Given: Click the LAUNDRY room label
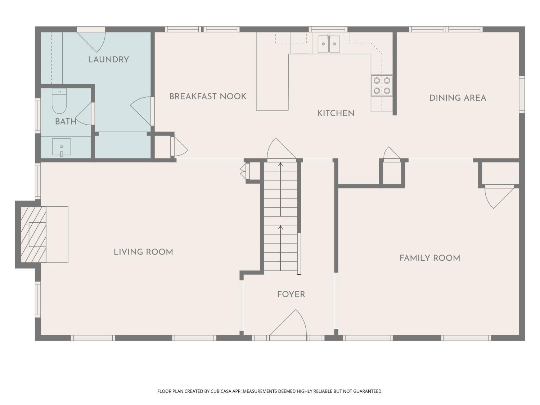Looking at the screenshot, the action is click(108, 59).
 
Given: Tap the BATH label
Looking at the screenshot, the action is click(66, 121).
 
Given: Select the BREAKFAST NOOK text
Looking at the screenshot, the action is click(208, 96).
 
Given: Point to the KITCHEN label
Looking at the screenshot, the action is click(336, 113).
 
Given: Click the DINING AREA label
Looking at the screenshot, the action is click(458, 98).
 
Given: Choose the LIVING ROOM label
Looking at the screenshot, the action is click(143, 252).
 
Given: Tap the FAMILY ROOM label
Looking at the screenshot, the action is click(430, 258).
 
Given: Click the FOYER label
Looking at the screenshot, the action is click(291, 294).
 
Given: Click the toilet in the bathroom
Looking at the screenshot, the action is click(59, 101).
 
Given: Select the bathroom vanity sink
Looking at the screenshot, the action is click(62, 147).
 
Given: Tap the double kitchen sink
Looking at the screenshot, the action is click(329, 44).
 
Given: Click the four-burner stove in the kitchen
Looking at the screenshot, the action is click(382, 86).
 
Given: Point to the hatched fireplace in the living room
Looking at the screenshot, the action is click(33, 234).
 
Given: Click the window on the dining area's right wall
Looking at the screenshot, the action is click(522, 94).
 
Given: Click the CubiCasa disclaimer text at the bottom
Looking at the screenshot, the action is click(270, 391).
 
